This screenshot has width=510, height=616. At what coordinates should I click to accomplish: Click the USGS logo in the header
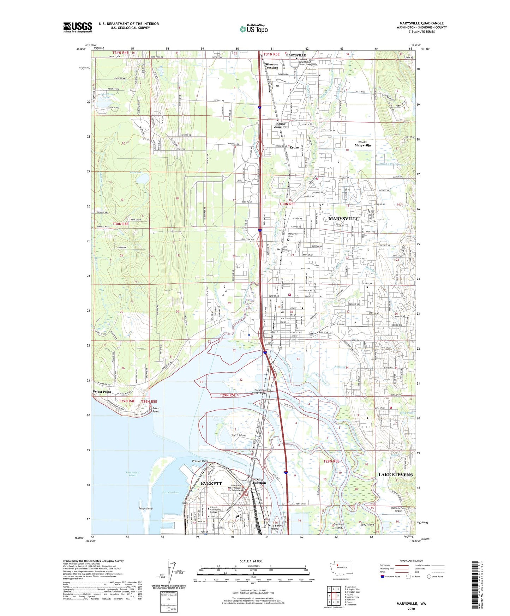click(x=78, y=27)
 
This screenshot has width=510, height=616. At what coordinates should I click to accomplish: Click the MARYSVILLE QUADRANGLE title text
click(x=421, y=23)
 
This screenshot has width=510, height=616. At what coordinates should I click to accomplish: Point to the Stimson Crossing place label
click(x=271, y=66)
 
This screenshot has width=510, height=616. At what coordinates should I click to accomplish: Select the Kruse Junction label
click(x=281, y=126)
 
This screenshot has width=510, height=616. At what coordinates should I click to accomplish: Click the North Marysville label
click(x=362, y=144)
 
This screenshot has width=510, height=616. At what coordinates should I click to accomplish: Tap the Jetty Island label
click(x=145, y=508)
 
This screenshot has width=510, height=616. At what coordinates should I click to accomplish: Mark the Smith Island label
click(x=239, y=435)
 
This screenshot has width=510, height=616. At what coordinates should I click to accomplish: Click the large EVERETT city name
click(x=211, y=483)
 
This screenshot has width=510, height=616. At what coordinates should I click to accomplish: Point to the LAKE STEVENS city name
click(x=395, y=475)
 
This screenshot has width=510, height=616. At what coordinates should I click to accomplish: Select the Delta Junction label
click(x=259, y=481)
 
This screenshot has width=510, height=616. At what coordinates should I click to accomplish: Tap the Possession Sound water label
click(x=132, y=474)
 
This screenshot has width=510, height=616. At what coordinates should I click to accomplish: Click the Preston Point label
click(x=200, y=461)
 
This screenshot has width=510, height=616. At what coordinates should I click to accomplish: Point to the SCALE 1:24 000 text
click(x=251, y=561)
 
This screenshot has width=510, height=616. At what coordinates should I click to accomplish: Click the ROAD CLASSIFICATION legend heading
click(x=411, y=561)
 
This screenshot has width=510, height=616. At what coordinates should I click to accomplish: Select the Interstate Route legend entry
click(x=392, y=576)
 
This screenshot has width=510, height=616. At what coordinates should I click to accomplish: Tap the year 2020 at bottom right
click(x=411, y=609)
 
